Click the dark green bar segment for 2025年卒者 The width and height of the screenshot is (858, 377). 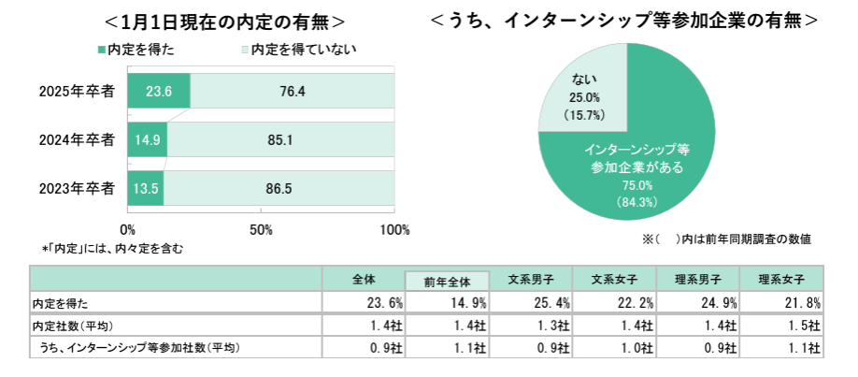click(x=159, y=91)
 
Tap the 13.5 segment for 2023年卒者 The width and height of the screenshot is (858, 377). click(x=146, y=189)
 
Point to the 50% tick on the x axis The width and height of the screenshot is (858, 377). click(x=262, y=229)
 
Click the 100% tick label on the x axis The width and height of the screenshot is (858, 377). click(x=395, y=229)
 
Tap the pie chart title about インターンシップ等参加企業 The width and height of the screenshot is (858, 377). click(x=627, y=19)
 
